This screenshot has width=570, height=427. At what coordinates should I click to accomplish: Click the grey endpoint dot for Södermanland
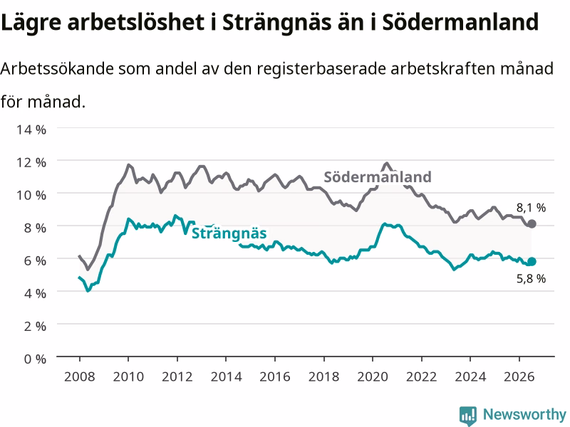pyautogui.click(x=532, y=223)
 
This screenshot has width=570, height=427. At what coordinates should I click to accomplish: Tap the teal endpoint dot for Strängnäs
pyautogui.click(x=532, y=261)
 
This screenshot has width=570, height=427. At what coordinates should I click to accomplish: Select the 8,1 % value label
pyautogui.click(x=531, y=208)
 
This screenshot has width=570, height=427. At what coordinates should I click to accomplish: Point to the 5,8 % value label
pyautogui.click(x=531, y=278)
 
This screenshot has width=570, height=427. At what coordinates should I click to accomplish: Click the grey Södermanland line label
pyautogui.click(x=378, y=176)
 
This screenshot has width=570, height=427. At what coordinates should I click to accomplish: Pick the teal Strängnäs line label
pyautogui.click(x=229, y=233)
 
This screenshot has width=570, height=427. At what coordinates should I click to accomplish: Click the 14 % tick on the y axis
pyautogui.click(x=31, y=130)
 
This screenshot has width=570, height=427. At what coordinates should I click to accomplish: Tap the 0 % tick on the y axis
pyautogui.click(x=35, y=359)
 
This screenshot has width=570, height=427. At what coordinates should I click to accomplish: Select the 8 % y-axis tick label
pyautogui.click(x=35, y=228)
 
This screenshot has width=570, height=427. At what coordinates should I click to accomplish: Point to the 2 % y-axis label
pyautogui.click(x=35, y=326)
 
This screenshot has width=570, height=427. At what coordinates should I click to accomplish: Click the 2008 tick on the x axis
pyautogui.click(x=80, y=376)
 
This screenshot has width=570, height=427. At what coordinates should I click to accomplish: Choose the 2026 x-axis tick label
pyautogui.click(x=519, y=376)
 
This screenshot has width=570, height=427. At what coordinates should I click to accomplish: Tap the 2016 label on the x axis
pyautogui.click(x=275, y=376)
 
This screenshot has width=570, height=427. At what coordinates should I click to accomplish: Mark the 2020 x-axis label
pyautogui.click(x=373, y=376)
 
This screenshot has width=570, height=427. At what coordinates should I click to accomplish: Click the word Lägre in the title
pyautogui.click(x=31, y=23)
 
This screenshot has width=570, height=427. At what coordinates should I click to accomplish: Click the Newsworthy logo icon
pyautogui.click(x=468, y=416)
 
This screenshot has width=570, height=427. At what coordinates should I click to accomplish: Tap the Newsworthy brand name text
pyautogui.click(x=524, y=414)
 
